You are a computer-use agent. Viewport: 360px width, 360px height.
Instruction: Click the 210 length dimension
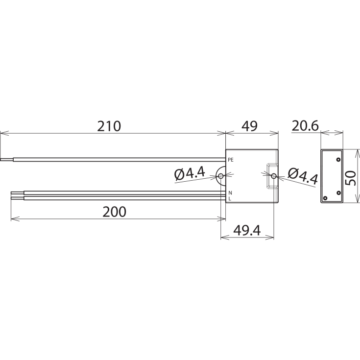click(109, 126)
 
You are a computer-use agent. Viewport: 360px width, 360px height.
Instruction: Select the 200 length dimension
click(115, 212)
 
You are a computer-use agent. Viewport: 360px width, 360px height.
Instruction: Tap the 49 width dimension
click(249, 126)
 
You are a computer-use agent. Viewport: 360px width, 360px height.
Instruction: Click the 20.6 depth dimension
click(305, 126)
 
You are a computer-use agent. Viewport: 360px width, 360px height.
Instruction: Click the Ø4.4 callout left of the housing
click(189, 173)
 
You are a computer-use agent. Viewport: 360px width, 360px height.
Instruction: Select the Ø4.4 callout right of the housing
click(303, 176)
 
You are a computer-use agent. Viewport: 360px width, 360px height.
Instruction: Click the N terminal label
click(230, 193)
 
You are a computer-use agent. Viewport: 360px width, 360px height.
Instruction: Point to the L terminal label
click(230, 198)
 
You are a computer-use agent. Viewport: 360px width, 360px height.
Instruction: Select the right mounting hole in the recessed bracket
click(274, 176)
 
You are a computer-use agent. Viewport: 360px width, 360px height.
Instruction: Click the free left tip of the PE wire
click(1, 159)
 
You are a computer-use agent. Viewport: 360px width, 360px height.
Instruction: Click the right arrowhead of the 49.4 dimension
click(272, 237)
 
